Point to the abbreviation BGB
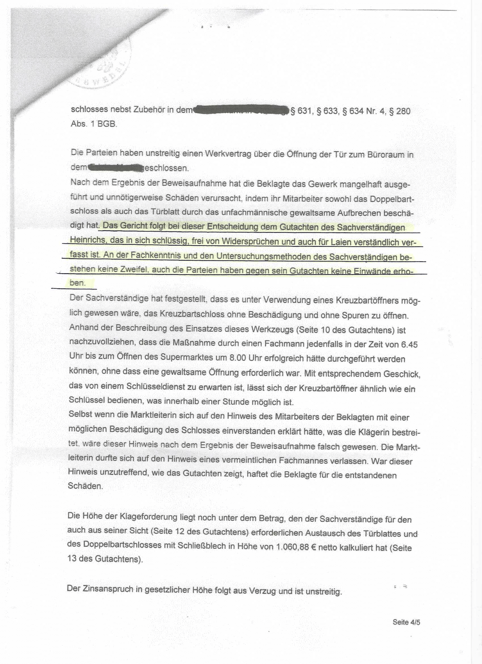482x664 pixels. click(107, 124)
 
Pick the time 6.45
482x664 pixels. click(409, 344)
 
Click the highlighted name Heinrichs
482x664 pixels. click(86, 241)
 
